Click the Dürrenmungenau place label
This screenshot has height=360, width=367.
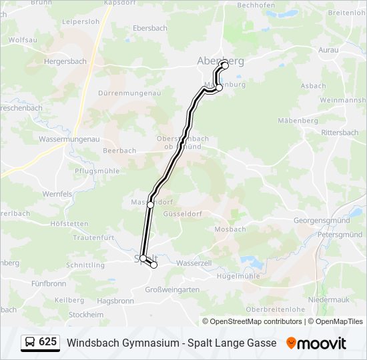point(129,93)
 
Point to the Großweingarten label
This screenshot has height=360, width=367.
point(172,289)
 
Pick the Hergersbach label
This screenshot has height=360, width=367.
point(65,61)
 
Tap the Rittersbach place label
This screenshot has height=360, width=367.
point(340,133)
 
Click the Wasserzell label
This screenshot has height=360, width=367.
point(194,263)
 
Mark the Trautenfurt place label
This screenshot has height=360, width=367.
point(94,237)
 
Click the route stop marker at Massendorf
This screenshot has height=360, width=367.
point(150,205)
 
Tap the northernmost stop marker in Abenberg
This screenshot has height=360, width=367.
point(224,65)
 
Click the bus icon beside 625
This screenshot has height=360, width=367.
point(30,343)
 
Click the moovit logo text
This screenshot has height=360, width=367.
point(322,343)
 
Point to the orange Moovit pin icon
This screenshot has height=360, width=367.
point(291,343)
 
